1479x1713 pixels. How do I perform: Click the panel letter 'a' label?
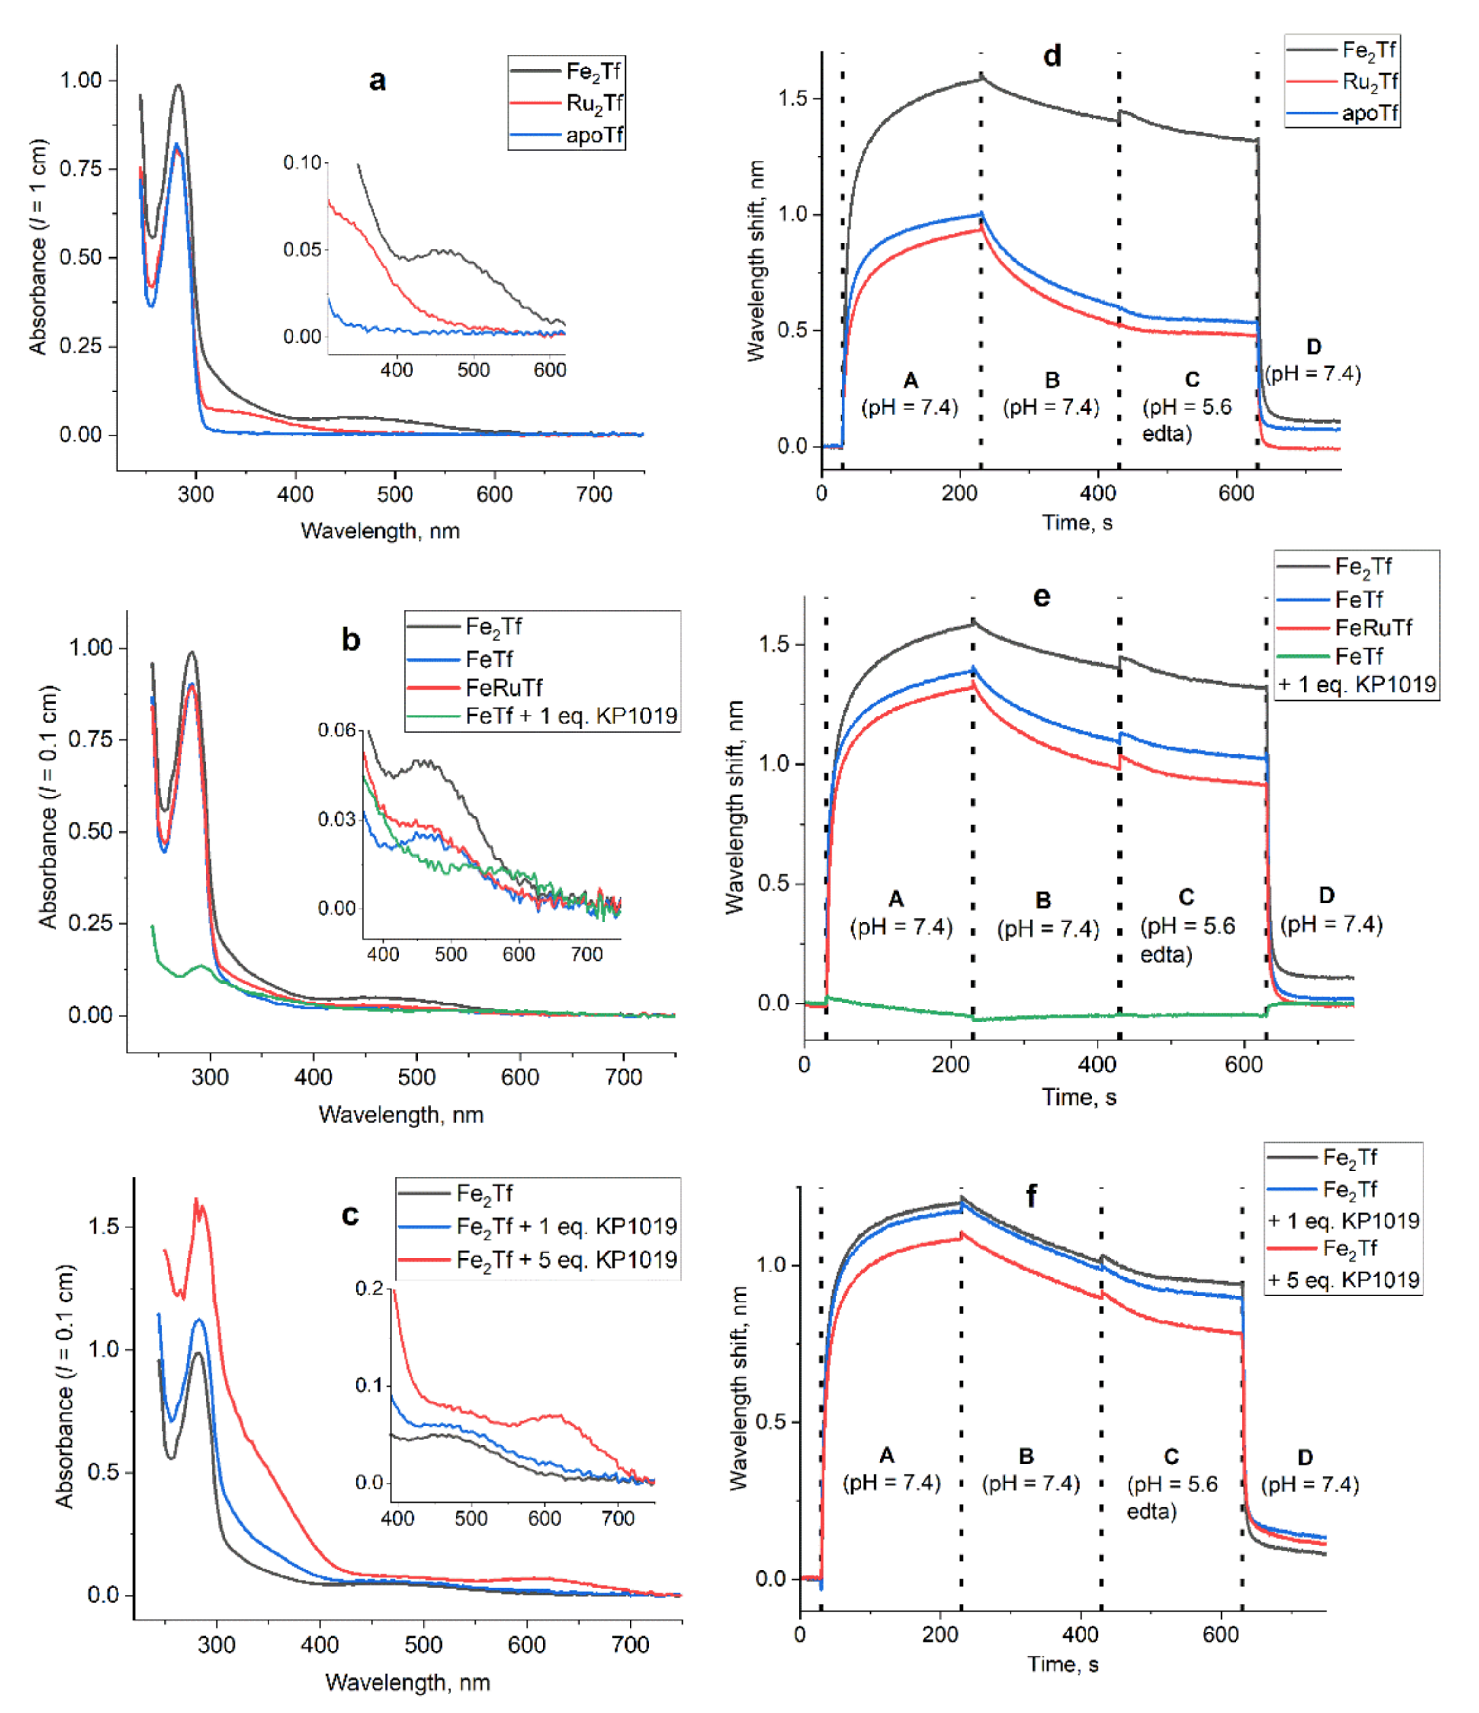point(377,81)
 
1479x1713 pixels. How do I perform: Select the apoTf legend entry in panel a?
point(593,135)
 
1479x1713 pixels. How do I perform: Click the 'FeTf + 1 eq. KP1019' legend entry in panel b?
point(570,716)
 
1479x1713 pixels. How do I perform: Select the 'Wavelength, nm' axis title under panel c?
point(407,1682)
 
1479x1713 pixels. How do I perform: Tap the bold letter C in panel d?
point(1192,380)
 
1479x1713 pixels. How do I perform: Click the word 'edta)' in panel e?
point(1166,955)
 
